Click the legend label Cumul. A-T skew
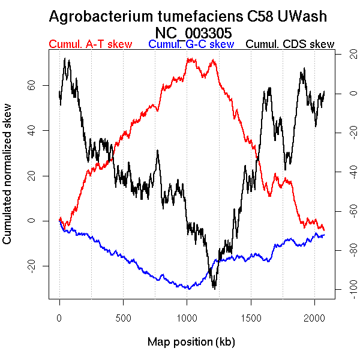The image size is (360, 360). click(89, 44)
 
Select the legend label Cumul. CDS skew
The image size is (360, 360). click(290, 44)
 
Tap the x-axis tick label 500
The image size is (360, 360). click(123, 318)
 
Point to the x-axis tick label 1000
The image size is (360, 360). click(187, 318)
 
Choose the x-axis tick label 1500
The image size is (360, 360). click(251, 318)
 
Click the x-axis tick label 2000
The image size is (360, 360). click(314, 318)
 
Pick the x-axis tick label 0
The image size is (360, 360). click(59, 318)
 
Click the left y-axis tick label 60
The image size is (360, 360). click(37, 85)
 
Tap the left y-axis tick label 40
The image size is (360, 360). click(37, 130)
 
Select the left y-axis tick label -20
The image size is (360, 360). click(37, 266)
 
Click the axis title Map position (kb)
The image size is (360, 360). click(191, 342)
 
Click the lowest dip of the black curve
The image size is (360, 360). click(214, 288)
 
